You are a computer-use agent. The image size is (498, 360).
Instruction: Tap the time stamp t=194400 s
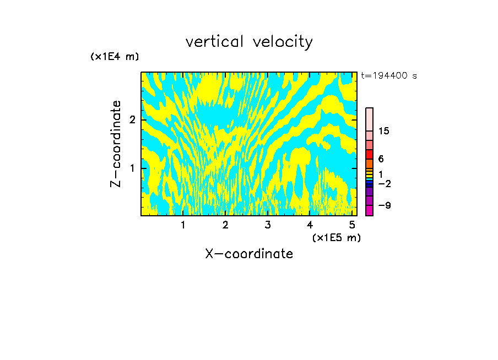click(x=388, y=75)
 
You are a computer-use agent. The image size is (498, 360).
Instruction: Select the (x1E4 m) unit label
click(x=115, y=57)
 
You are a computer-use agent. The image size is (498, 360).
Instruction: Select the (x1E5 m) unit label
click(x=336, y=237)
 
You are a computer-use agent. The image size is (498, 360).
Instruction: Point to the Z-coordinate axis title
click(x=116, y=144)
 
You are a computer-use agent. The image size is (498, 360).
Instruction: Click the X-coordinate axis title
click(x=249, y=254)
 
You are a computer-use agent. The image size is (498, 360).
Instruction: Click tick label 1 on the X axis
click(x=183, y=225)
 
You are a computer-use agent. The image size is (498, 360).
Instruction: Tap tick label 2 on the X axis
click(x=225, y=225)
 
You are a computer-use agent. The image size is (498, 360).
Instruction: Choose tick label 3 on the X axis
click(x=268, y=225)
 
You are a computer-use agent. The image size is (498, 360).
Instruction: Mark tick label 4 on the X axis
click(x=310, y=225)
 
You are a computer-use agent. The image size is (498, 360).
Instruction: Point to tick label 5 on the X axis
click(x=351, y=225)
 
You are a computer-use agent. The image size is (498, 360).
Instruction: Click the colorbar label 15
click(x=384, y=131)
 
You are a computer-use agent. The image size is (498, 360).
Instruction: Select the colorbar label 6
click(x=381, y=159)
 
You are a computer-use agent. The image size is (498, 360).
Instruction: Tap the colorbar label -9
click(x=384, y=205)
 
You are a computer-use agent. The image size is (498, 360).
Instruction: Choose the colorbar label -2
click(x=384, y=183)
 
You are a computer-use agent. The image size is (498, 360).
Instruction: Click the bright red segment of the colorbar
click(x=369, y=154)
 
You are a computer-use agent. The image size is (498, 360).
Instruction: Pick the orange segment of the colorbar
click(x=369, y=163)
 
